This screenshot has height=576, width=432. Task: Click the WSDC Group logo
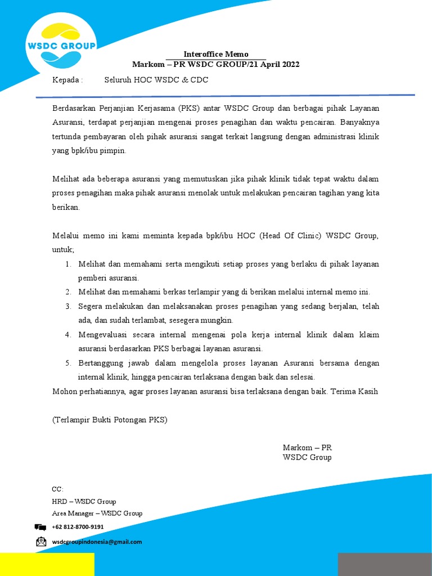61,46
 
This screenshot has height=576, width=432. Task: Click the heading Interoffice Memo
216,55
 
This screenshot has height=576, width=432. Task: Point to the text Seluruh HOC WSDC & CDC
156,80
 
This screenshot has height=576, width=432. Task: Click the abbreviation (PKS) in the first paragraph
191,107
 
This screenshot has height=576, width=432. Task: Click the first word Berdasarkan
75,107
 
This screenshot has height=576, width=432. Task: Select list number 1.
67,264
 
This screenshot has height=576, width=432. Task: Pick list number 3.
67,307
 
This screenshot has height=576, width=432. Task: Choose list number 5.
67,363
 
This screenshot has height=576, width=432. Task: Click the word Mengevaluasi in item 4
103,335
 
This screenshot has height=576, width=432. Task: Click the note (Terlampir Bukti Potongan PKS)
110,420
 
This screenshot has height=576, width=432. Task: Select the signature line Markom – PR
307,448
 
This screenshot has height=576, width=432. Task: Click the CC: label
58,489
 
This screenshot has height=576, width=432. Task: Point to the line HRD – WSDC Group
84,501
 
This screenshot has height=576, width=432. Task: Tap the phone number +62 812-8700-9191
78,527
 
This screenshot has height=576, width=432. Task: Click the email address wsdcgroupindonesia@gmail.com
97,542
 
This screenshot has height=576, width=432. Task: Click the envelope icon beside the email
40,542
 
